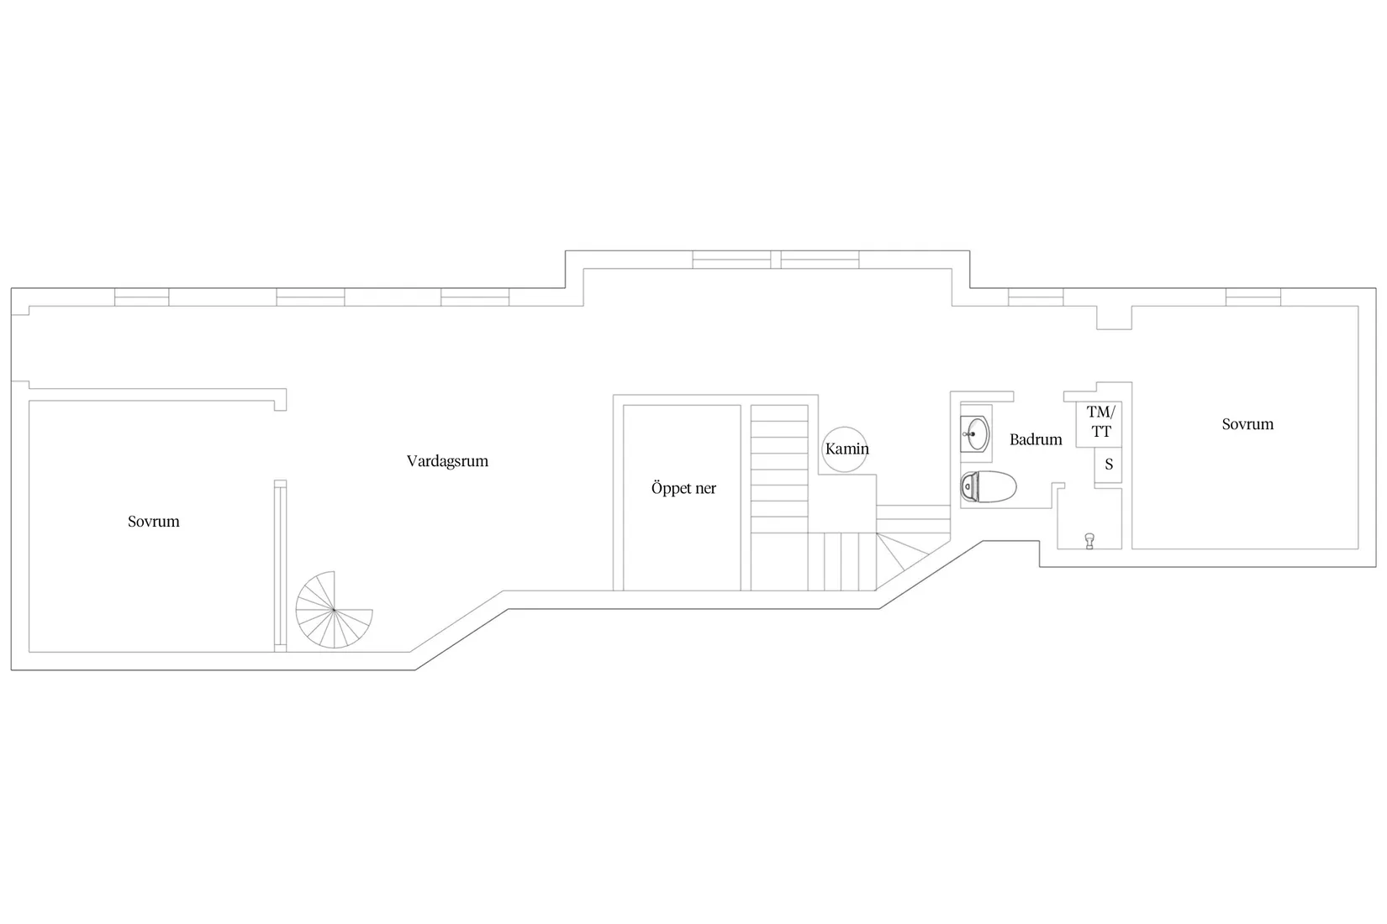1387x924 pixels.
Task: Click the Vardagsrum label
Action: click(447, 461)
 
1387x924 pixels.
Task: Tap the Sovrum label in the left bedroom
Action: click(154, 521)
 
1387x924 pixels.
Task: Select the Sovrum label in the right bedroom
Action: click(1247, 424)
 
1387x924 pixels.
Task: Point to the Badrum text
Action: click(1036, 439)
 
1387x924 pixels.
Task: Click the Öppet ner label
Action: click(683, 488)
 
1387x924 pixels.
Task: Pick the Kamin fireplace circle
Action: click(844, 449)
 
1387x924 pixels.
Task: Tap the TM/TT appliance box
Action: click(1099, 424)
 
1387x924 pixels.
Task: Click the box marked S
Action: click(1109, 465)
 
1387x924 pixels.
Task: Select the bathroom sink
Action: click(976, 433)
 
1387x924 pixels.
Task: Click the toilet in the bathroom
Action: click(989, 486)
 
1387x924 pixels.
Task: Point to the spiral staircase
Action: click(334, 610)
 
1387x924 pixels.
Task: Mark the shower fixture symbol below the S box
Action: click(1089, 541)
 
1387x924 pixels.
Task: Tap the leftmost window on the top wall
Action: click(142, 297)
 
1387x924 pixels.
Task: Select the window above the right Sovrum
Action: click(1253, 297)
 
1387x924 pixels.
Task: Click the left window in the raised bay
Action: click(731, 260)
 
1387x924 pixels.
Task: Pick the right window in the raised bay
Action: click(820, 260)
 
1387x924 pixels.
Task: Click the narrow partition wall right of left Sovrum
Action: click(281, 565)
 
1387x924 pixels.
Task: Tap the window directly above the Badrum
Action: click(1036, 297)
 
